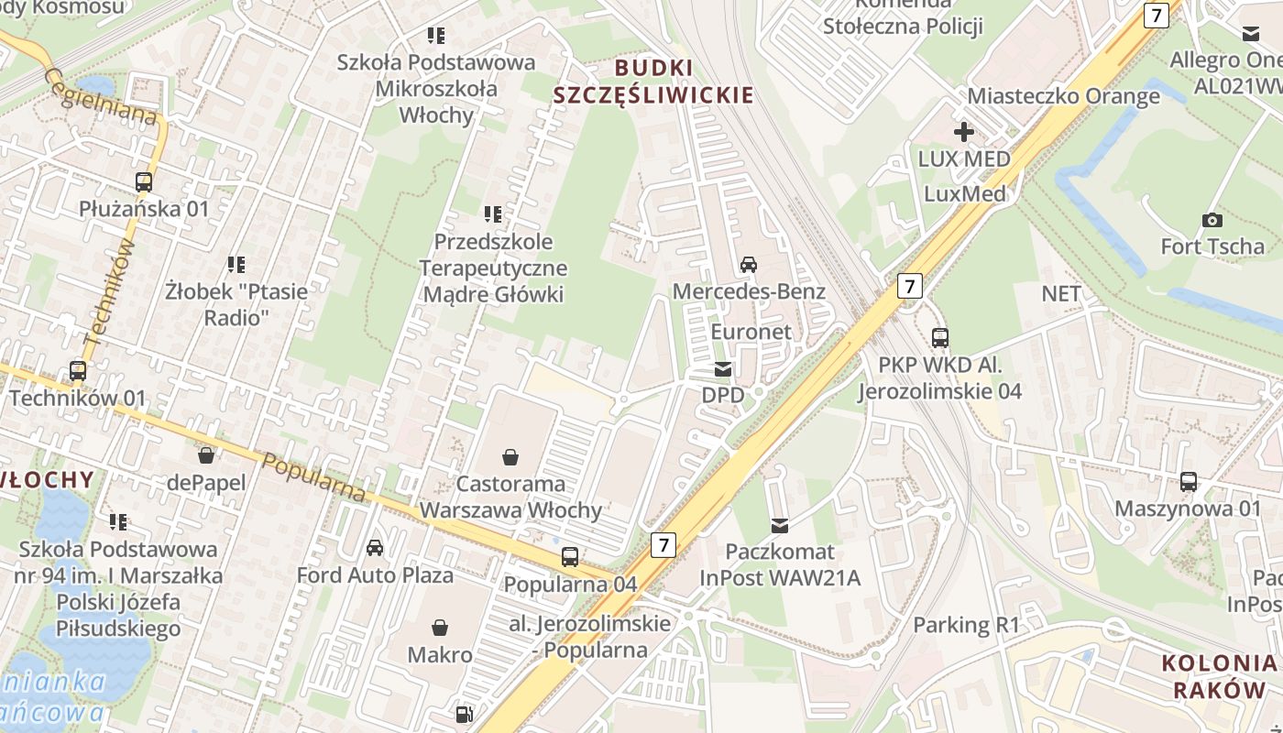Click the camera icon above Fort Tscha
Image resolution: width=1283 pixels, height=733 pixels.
[x=1212, y=220]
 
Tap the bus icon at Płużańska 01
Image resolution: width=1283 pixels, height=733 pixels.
[x=144, y=181]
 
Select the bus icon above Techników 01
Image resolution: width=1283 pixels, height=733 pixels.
[x=78, y=371]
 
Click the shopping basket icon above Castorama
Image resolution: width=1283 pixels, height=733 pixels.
[x=510, y=455]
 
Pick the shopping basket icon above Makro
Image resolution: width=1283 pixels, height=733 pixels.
[x=440, y=628]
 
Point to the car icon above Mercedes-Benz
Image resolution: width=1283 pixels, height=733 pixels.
[x=748, y=265]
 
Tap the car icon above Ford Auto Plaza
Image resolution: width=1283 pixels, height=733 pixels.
[x=374, y=548]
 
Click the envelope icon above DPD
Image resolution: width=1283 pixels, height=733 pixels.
[x=723, y=369]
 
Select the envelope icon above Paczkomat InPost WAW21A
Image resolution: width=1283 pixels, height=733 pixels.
[x=779, y=525]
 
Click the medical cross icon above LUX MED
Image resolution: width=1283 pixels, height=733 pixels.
[x=963, y=132]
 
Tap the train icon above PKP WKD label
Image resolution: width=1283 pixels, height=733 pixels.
[x=939, y=337]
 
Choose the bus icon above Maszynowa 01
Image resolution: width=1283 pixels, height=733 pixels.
[x=1188, y=481]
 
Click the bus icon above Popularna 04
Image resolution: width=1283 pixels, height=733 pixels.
[x=569, y=556]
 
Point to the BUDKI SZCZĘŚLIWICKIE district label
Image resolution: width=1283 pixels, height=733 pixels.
[x=653, y=81]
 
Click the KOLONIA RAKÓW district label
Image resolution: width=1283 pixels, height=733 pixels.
[x=1219, y=676]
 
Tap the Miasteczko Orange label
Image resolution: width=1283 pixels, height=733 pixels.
[x=1063, y=96]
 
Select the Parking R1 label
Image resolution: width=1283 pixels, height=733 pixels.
[x=966, y=625]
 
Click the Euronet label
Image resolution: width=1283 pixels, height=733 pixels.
[x=751, y=331]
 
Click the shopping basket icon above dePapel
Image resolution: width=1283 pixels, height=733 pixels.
[x=206, y=454]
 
